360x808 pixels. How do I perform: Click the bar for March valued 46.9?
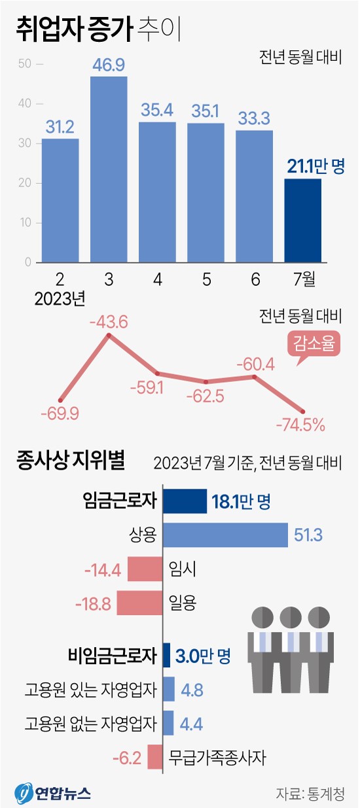point(109,169)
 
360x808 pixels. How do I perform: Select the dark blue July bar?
point(303,220)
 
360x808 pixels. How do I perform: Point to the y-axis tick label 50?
point(26,64)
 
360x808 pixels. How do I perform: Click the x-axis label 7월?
point(303,279)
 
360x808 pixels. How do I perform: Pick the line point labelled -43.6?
point(109,336)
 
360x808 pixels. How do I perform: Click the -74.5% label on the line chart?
point(301,425)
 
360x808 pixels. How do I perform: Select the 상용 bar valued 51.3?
point(225,535)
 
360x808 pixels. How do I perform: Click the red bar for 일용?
point(139,603)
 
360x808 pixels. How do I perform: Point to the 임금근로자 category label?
point(120,502)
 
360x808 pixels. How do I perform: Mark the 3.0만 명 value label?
point(203,655)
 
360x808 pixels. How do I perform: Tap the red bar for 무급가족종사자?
point(154,758)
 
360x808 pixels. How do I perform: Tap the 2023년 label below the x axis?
point(60,300)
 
